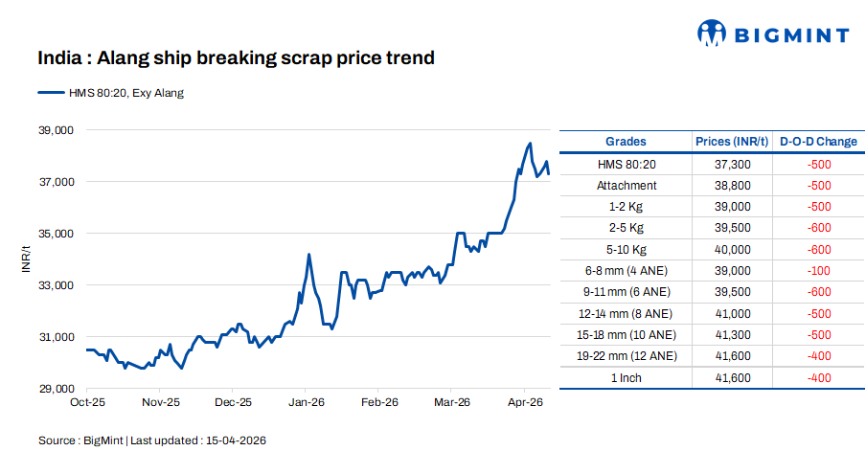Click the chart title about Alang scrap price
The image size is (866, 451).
pyautogui.click(x=236, y=58)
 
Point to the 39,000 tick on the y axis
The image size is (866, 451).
pyautogui.click(x=56, y=130)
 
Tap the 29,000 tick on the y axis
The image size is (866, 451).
pyautogui.click(x=56, y=389)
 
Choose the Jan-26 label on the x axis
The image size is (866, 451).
pyautogui.click(x=306, y=403)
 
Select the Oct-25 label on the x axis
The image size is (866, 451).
pyautogui.click(x=87, y=403)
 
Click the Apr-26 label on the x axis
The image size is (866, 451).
pyautogui.click(x=525, y=403)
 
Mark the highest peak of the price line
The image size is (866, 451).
pyautogui.click(x=530, y=144)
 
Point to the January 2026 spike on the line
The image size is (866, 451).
pyautogui.click(x=308, y=255)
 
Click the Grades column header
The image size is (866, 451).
pyautogui.click(x=626, y=142)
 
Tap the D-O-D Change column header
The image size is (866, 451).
pyautogui.click(x=818, y=142)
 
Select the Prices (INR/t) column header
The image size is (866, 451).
pyautogui.click(x=732, y=142)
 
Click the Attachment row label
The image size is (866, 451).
pyautogui.click(x=626, y=186)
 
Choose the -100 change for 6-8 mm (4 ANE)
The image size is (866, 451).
pyautogui.click(x=818, y=271)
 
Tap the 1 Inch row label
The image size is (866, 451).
pyautogui.click(x=626, y=378)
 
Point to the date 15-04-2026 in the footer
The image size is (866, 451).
pyautogui.click(x=234, y=440)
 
